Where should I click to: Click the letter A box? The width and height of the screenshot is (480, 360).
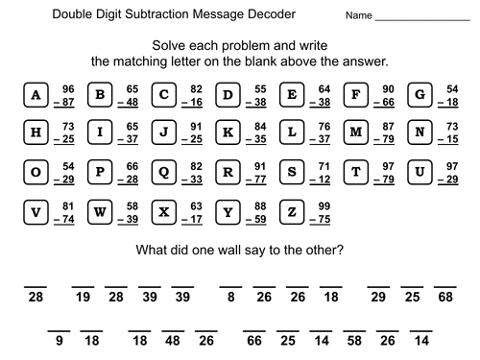[36, 94]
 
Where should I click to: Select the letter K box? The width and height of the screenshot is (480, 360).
[228, 132]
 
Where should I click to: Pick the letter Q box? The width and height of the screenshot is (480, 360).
[164, 172]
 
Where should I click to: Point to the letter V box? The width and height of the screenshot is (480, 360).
[36, 211]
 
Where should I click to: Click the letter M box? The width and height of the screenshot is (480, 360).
[356, 132]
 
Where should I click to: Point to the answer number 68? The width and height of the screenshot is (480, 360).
[444, 299]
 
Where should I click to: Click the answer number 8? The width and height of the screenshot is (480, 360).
[231, 299]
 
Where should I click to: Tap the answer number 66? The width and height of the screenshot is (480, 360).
[254, 340]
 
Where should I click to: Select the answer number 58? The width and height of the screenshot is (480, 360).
[354, 340]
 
